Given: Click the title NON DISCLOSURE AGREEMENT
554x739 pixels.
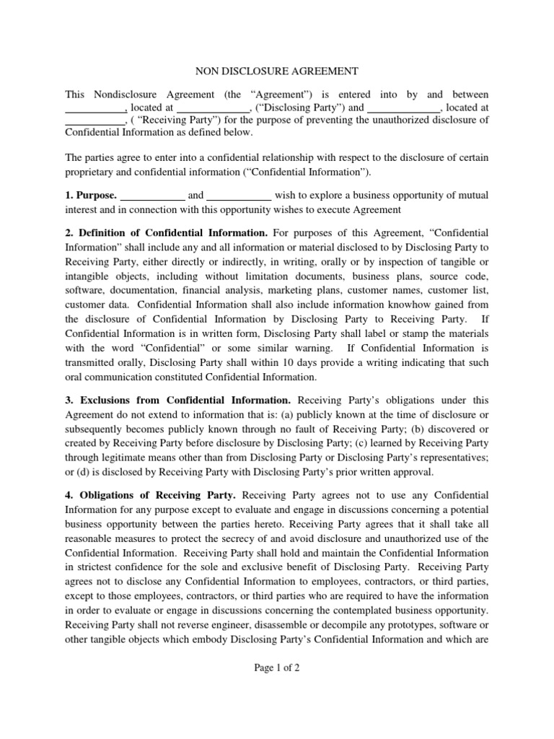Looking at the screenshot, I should (277, 71).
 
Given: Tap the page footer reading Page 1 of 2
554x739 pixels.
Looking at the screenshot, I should (277, 668).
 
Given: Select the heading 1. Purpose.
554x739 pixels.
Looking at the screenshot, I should (90, 195).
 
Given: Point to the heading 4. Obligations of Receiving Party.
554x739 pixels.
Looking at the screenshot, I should (151, 495).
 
